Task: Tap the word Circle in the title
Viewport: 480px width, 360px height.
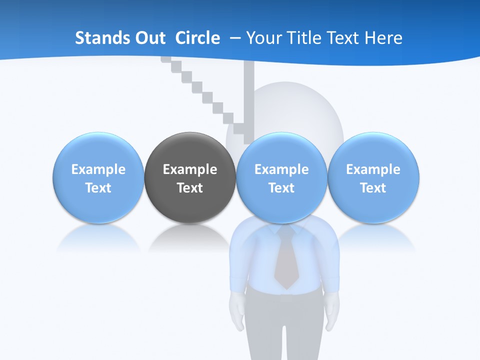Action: (197, 38)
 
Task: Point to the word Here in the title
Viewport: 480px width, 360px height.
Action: (383, 38)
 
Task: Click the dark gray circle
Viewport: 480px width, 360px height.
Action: (190, 177)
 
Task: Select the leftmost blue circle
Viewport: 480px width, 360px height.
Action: (98, 177)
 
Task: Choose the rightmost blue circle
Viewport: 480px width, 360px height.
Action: (373, 177)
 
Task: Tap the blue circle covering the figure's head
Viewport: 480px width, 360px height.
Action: (281, 177)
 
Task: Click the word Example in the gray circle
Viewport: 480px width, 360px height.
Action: (190, 169)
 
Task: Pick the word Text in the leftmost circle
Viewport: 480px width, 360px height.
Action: (98, 188)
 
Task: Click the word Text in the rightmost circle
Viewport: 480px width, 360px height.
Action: (373, 188)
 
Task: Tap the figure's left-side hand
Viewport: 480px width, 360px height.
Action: (236, 312)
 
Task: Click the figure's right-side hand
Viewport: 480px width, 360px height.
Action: (332, 312)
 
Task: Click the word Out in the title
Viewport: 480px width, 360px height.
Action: (153, 38)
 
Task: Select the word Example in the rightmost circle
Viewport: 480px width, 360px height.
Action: (373, 169)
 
